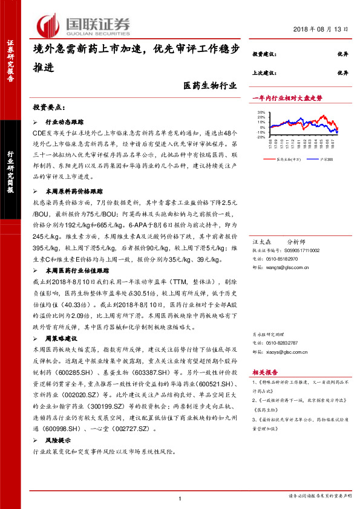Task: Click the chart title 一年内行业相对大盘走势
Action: pyautogui.click(x=287, y=97)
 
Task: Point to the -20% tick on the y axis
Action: pyautogui.click(x=261, y=137)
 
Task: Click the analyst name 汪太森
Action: pyautogui.click(x=260, y=241)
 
